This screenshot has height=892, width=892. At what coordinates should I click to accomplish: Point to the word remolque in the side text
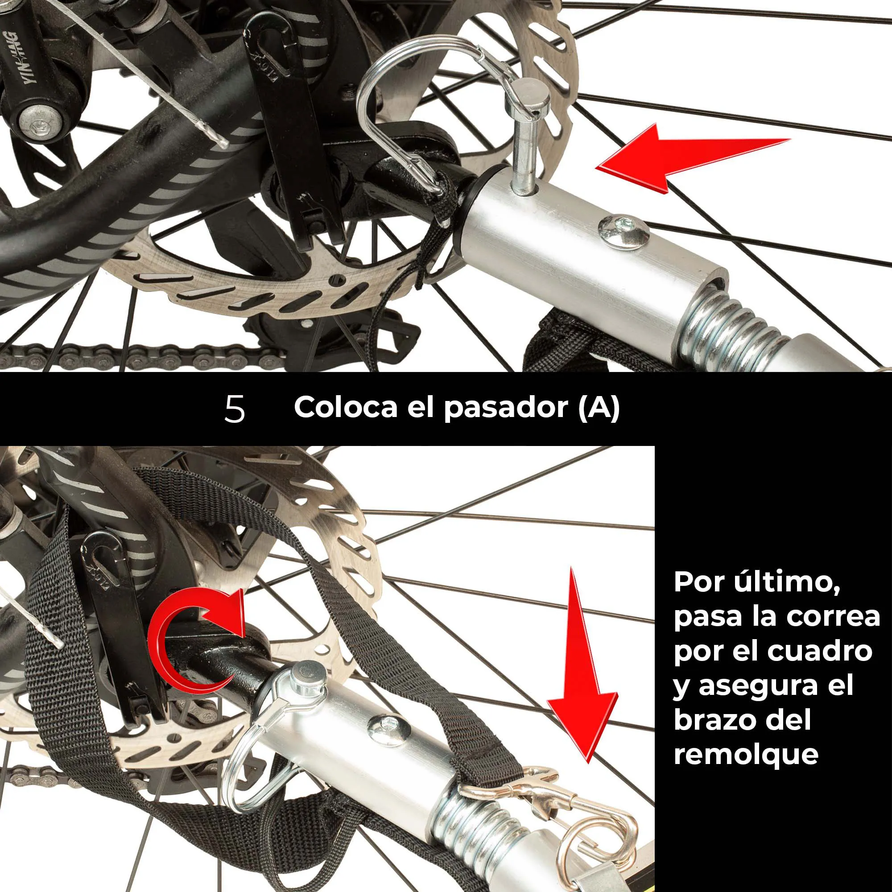[x=746, y=755]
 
